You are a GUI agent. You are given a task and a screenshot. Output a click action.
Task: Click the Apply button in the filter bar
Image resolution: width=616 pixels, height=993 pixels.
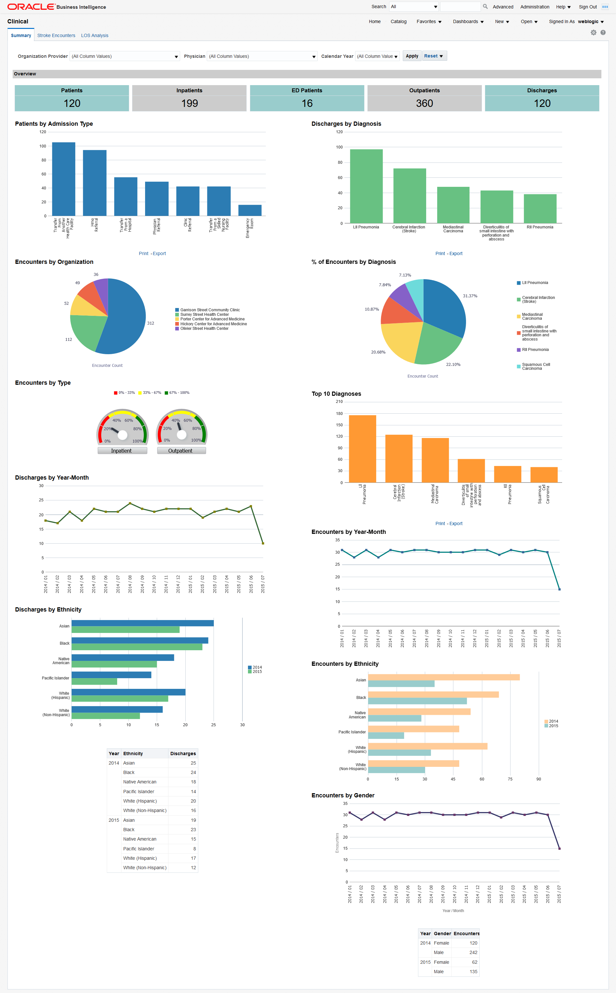(x=412, y=56)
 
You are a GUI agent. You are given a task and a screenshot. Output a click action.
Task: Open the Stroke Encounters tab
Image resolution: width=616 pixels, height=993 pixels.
(x=56, y=35)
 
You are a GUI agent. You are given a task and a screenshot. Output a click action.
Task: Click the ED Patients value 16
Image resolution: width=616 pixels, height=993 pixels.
(x=307, y=103)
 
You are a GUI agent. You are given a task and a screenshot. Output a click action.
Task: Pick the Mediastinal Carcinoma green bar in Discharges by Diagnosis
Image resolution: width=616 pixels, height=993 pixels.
(x=453, y=205)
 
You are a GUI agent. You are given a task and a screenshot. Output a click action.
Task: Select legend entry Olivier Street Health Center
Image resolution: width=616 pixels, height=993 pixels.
(x=204, y=328)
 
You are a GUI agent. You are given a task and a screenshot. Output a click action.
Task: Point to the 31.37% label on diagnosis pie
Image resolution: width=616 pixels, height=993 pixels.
(x=470, y=296)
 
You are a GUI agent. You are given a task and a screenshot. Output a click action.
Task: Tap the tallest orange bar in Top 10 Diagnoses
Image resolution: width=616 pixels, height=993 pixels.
(x=362, y=449)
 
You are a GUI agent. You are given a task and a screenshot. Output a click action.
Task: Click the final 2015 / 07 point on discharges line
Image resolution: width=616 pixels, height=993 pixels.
(x=263, y=543)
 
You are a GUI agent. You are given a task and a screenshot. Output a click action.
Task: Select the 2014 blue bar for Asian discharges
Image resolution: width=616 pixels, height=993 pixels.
(x=142, y=623)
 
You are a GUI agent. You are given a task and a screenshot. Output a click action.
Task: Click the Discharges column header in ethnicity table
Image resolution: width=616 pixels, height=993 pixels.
(x=183, y=754)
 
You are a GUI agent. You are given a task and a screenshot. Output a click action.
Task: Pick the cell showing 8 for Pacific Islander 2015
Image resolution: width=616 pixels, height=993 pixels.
(x=194, y=849)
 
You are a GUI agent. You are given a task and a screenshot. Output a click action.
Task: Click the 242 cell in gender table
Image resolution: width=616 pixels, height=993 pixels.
(x=473, y=952)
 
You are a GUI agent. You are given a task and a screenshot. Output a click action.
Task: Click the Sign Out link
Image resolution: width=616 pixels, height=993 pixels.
(x=587, y=7)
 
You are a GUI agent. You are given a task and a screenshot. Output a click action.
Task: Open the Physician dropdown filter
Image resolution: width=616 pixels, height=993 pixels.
(x=262, y=56)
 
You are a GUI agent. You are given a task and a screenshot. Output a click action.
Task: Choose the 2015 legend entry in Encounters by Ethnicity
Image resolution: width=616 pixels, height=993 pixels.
(x=553, y=726)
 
